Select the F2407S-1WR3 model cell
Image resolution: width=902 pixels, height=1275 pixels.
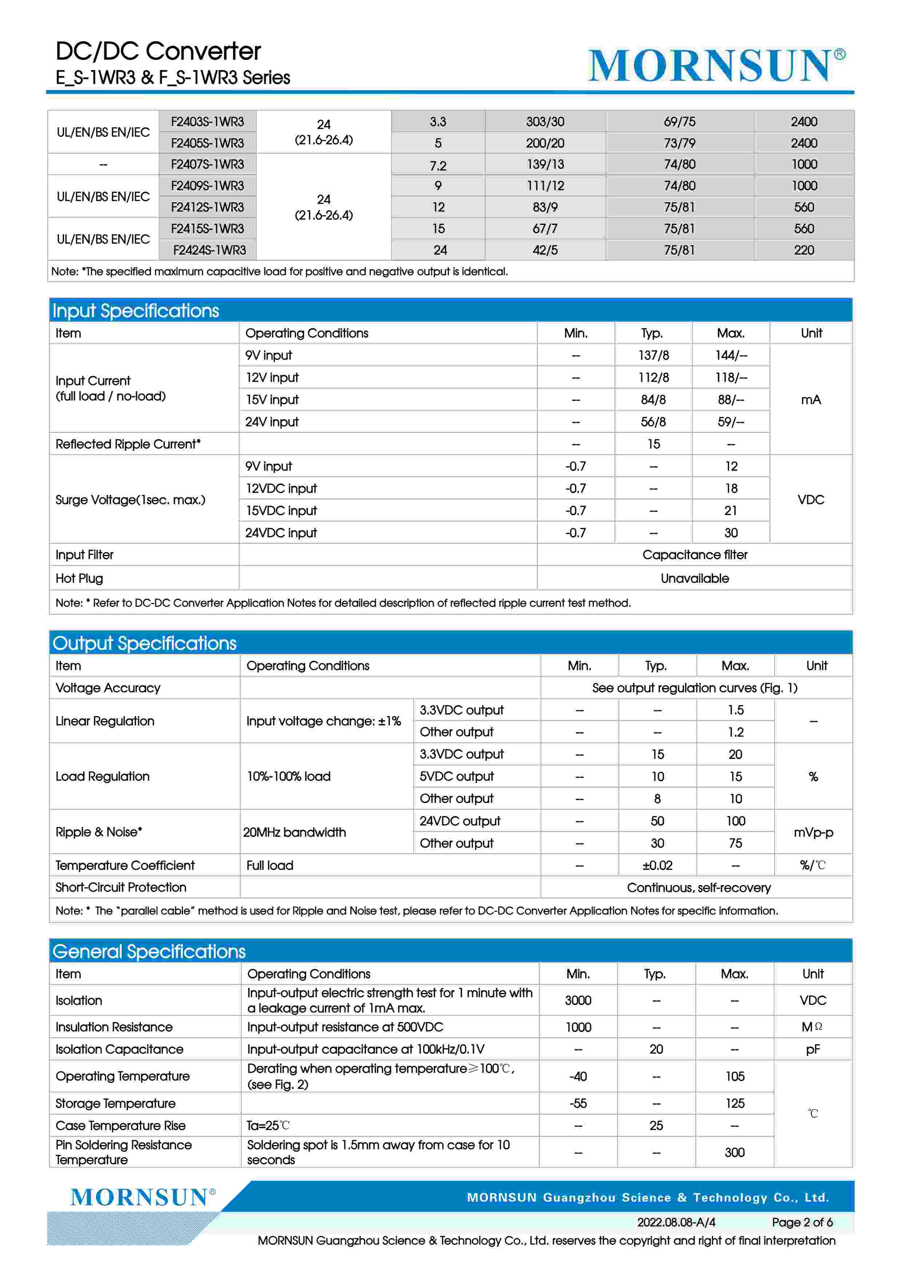point(207,164)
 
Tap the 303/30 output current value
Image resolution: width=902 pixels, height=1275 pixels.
point(545,122)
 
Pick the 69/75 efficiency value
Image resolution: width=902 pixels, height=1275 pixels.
point(679,122)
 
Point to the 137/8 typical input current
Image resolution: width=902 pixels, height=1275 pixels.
point(653,356)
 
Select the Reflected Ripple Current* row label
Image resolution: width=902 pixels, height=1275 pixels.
point(128,444)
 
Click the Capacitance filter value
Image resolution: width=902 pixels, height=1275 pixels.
point(694,555)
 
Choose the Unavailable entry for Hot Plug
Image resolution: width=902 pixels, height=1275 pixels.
point(694,578)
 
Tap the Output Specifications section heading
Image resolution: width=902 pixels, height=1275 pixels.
point(144,643)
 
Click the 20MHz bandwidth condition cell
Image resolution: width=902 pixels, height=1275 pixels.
point(294,832)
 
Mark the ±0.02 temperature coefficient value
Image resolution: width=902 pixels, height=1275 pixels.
point(657,865)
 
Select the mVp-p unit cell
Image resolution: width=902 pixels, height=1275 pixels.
point(813,832)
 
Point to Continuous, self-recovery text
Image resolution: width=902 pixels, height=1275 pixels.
point(698,887)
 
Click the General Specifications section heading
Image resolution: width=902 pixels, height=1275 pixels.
point(149,951)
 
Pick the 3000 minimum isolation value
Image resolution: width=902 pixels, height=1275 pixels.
point(578,1000)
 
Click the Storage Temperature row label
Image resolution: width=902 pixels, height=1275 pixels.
point(116,1103)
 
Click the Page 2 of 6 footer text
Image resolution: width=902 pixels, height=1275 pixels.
point(802,1222)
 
